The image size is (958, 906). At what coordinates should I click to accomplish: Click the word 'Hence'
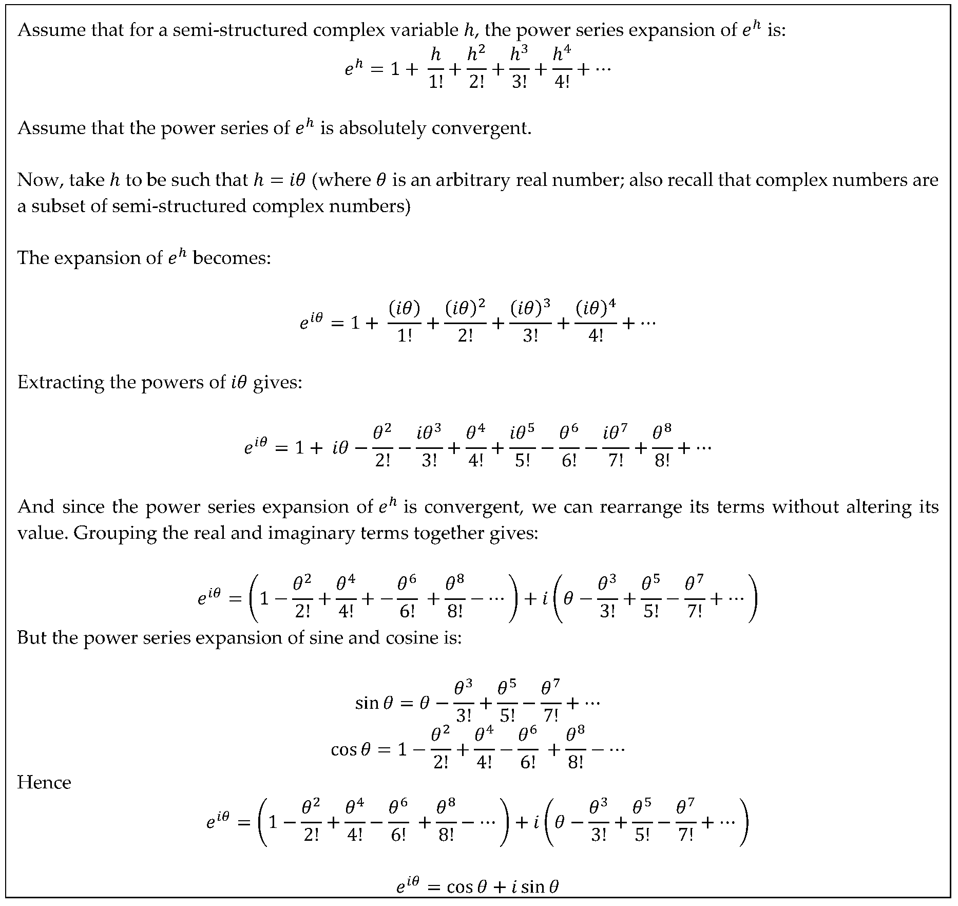[44, 782]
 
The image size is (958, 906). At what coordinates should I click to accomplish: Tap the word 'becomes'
[231, 257]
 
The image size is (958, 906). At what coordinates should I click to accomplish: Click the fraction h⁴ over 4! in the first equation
[563, 68]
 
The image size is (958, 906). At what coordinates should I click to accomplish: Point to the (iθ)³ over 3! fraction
[530, 322]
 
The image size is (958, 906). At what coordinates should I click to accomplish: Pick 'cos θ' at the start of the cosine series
[350, 749]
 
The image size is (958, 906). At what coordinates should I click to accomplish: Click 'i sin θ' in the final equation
[535, 886]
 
